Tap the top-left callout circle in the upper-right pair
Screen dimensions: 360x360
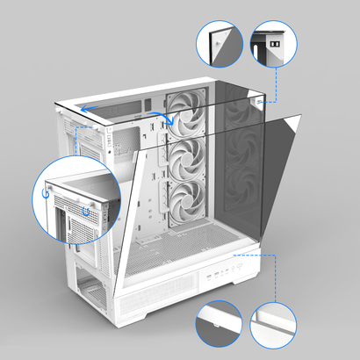(219, 43)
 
